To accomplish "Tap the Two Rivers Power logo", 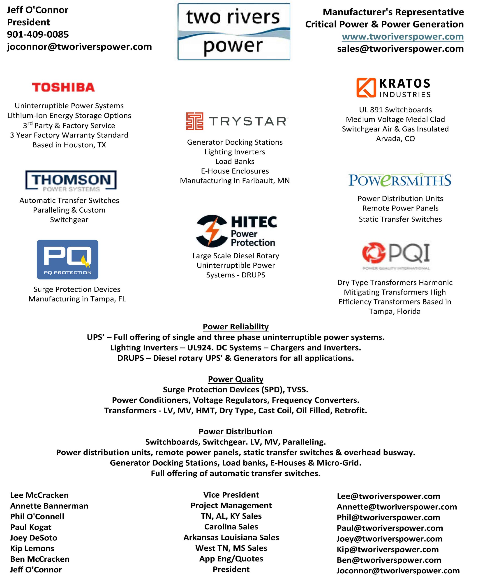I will [234, 32].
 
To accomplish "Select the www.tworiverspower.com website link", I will [403, 37].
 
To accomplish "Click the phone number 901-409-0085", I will [38, 34].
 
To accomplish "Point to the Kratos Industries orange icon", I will [366, 88].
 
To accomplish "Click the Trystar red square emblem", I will [194, 121].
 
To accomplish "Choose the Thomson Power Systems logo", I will [71, 180].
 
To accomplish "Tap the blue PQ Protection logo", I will [68, 259].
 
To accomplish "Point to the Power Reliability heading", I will [236, 326].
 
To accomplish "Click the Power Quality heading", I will [236, 379].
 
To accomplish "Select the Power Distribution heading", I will [236, 431].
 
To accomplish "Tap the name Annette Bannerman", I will [49, 506].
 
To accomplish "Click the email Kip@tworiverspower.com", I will [388, 549].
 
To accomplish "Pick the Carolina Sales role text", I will [231, 527].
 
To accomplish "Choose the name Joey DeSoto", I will [34, 538].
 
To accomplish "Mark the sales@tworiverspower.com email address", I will [400, 49].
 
